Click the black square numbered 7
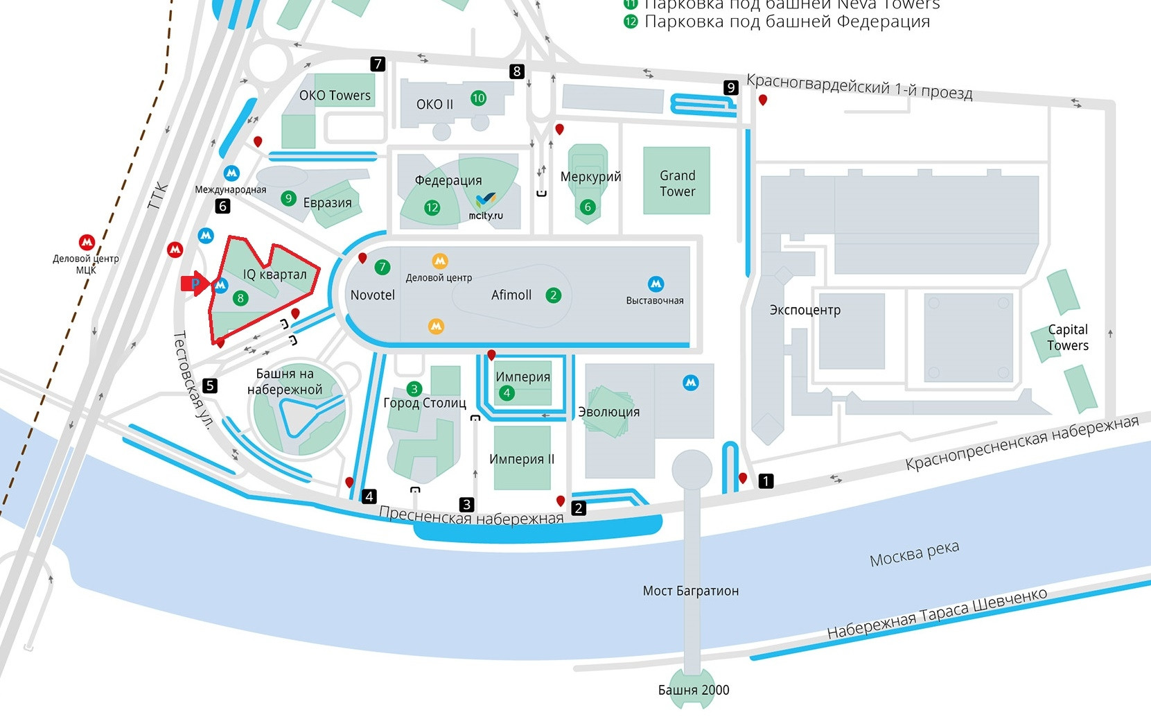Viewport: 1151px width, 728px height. pos(378,64)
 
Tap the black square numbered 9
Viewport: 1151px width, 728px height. pos(731,87)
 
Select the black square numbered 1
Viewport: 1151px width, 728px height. pos(766,480)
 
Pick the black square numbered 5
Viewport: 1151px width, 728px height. pos(210,385)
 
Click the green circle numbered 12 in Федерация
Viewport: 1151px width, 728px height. pos(432,207)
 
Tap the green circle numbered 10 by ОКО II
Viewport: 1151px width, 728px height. pos(478,98)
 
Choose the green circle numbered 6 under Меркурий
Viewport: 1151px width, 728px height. pos(588,207)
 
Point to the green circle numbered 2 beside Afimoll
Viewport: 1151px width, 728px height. pos(553,295)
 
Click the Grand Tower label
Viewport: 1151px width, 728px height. pos(677,183)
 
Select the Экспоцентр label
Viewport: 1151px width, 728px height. pos(805,310)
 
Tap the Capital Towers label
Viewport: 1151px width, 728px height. pos(1067,338)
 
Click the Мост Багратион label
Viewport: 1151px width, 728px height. pos(690,591)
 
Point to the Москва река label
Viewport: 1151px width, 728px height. pos(914,553)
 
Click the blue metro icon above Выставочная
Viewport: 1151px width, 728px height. pos(656,284)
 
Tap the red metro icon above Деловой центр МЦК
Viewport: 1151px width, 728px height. pos(87,242)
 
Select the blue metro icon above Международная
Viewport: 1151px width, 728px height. pos(231,173)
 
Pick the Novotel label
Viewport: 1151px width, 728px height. pos(372,295)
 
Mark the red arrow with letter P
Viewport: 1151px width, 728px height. pos(195,284)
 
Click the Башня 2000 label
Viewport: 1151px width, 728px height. pos(694,690)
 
